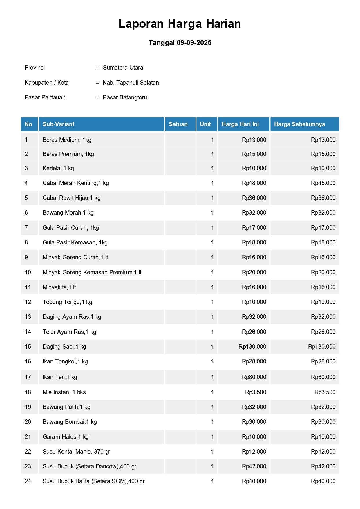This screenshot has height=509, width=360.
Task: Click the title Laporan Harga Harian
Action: coord(180,24)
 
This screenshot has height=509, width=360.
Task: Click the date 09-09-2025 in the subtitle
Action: coord(194,43)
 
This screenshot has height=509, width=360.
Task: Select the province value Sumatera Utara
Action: coord(123,68)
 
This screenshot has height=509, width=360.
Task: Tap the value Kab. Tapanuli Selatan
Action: coord(131,83)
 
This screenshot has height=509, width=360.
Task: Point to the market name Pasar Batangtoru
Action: coord(125,97)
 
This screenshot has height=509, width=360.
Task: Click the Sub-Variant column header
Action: coord(59,124)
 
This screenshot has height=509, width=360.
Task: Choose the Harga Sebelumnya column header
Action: coord(299,124)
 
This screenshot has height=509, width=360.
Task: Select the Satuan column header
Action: coord(178,124)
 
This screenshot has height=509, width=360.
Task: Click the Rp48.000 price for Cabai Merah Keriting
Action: coord(254,183)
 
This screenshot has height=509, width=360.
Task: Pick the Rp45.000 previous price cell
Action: coord(323,183)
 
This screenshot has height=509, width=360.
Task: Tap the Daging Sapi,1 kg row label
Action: coord(64,347)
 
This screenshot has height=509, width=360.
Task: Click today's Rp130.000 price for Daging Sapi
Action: coord(252,347)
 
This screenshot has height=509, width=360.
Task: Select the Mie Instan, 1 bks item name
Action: coord(64,392)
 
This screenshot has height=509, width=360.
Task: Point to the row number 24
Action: coord(28,481)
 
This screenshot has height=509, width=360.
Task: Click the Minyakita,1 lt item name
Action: coord(59,287)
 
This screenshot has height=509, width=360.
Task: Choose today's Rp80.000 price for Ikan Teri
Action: coord(254,377)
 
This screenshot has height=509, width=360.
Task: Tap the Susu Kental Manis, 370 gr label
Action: coord(76,452)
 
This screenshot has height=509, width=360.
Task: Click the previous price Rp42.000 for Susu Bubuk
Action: coord(323,466)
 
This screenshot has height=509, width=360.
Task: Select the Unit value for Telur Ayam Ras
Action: coord(212,332)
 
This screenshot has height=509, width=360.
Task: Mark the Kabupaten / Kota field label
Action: coord(47,83)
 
